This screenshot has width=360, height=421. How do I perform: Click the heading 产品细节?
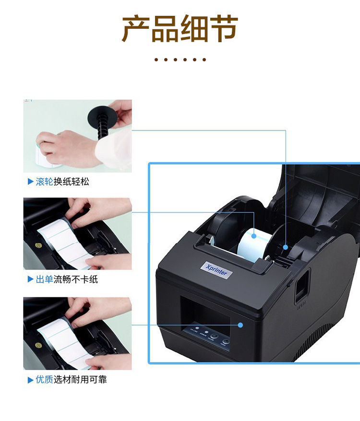(x=180, y=29)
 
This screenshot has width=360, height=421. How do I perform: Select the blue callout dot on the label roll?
(x=253, y=236)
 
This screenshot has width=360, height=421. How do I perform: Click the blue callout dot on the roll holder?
(x=286, y=247)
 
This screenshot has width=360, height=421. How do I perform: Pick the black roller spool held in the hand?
(x=101, y=123)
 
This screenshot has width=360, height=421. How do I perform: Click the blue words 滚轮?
(x=44, y=182)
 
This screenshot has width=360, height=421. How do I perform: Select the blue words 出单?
(x=44, y=279)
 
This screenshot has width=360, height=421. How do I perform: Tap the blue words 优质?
(x=44, y=380)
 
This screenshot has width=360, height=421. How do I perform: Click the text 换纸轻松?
(x=71, y=182)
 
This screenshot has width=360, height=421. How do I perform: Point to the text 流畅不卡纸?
(x=75, y=279)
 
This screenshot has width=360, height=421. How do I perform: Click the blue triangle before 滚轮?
(x=30, y=182)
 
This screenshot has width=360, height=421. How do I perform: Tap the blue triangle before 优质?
(x=30, y=380)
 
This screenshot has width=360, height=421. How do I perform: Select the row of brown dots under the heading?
(x=180, y=60)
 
